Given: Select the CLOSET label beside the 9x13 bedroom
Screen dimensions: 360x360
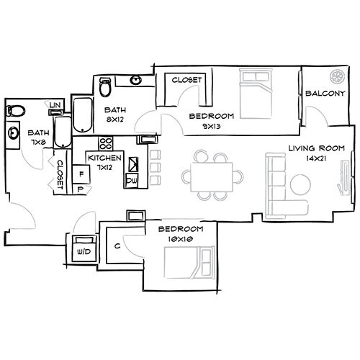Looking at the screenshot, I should click(x=186, y=79).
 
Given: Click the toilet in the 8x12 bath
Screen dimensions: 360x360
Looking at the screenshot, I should click(x=106, y=87).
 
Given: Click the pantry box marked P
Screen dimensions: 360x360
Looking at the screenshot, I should click(x=80, y=189).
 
